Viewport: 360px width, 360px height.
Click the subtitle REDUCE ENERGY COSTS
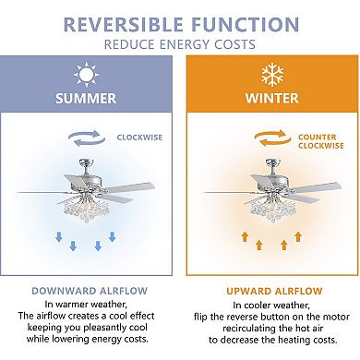pos(180,42)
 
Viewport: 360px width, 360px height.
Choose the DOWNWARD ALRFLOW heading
pos(90,289)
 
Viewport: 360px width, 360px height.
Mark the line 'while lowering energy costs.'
pos(90,341)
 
